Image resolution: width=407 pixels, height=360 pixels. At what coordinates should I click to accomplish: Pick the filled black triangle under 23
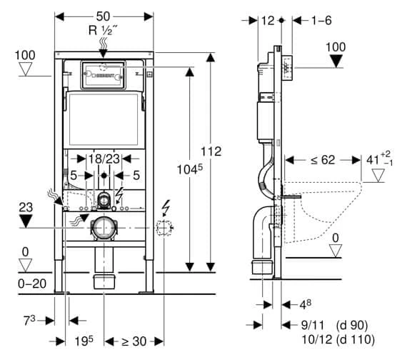tap(25, 219)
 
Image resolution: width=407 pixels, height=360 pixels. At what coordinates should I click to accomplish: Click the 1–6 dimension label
tap(322, 21)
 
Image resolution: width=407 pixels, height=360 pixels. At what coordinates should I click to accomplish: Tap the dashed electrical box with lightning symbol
tap(165, 229)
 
